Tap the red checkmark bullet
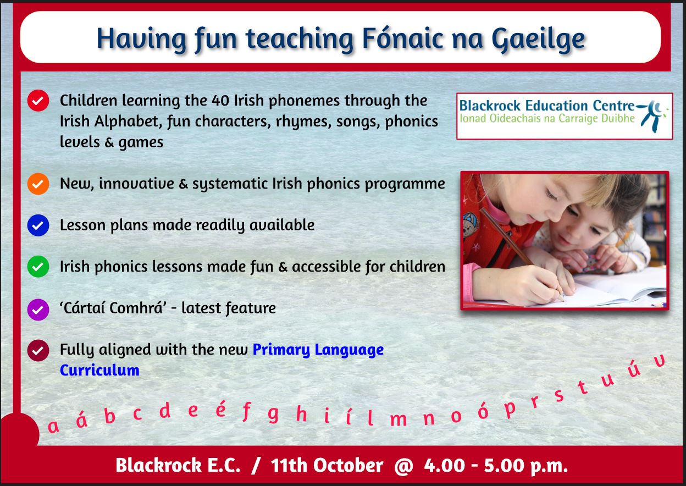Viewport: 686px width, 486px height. point(37,101)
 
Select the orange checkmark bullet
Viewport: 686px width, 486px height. point(37,184)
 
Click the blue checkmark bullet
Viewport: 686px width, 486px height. point(37,225)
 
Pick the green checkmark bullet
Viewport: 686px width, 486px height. point(37,267)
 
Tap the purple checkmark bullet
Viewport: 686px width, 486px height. point(37,308)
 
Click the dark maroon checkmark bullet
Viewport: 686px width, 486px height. point(37,350)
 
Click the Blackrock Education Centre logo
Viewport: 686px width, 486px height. point(564,115)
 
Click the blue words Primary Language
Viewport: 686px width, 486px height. point(318,350)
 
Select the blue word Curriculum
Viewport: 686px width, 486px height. point(99,370)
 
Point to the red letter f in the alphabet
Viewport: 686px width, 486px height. point(246,411)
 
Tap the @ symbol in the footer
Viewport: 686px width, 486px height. point(403,466)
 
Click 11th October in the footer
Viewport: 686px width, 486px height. point(327,466)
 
